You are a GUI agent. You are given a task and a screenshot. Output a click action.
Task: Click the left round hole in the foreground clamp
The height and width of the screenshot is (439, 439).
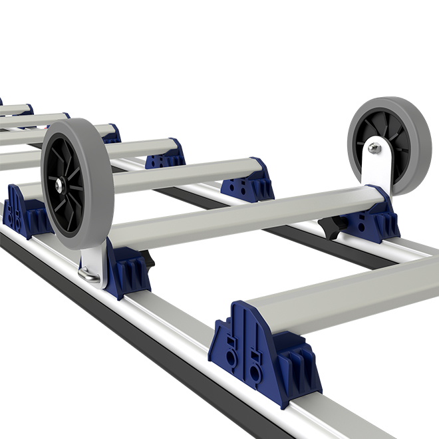click(x=231, y=356)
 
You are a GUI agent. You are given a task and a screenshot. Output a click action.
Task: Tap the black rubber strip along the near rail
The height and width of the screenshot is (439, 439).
click(x=133, y=346)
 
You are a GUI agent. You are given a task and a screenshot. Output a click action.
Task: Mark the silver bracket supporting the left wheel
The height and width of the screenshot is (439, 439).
click(x=92, y=263)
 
